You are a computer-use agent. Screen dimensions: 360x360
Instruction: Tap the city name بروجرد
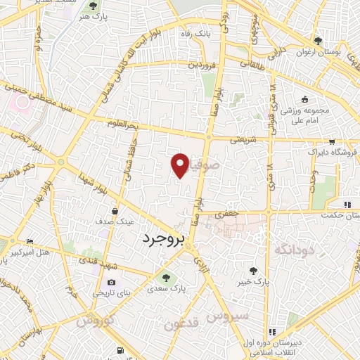coord(162,240)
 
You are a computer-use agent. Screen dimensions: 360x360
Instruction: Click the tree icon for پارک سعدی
coord(165,276)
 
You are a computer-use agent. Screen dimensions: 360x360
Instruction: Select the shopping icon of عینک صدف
coord(115,210)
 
